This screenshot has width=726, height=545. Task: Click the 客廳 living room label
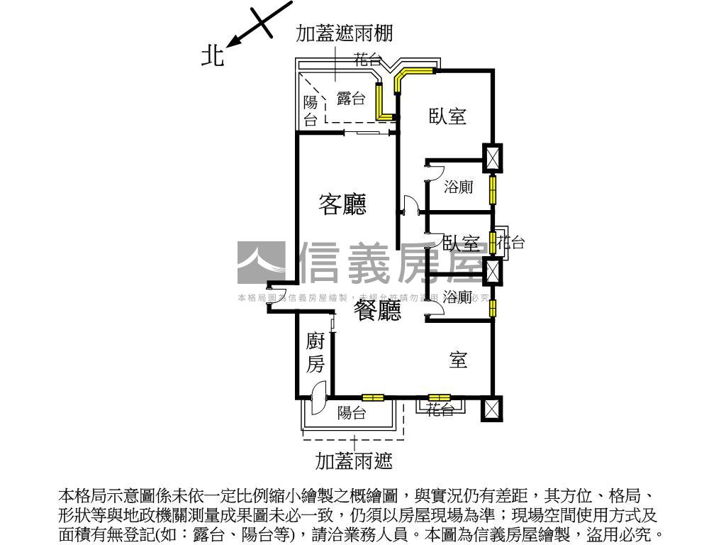[342, 205]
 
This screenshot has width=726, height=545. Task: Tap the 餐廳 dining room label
[378, 310]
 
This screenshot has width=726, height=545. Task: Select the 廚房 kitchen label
[315, 353]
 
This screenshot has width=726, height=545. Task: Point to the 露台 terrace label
[351, 99]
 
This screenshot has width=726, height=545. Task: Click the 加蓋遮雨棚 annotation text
[344, 33]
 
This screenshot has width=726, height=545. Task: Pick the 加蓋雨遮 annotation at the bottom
[354, 462]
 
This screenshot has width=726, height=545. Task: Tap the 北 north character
[213, 56]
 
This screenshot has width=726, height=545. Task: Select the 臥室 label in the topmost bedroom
[447, 116]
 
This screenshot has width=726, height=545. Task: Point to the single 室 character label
[458, 360]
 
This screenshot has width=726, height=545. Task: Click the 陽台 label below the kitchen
[352, 412]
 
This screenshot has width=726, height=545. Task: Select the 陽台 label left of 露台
[311, 111]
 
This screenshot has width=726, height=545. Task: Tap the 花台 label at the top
[368, 60]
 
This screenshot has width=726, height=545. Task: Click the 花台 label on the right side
[510, 243]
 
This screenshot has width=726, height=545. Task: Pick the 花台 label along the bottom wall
[440, 409]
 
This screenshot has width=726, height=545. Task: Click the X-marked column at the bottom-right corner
[491, 409]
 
